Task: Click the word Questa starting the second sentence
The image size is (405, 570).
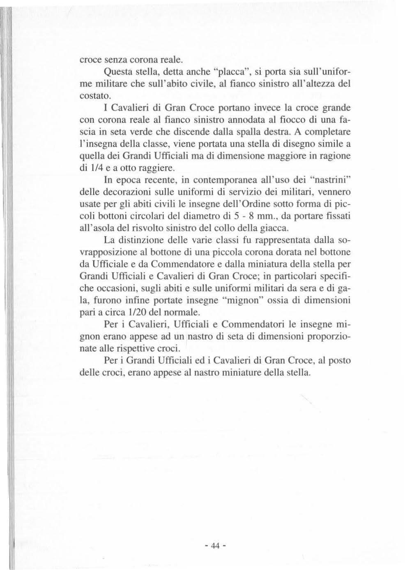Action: tap(116, 73)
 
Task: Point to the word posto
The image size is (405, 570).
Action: tap(340, 361)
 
